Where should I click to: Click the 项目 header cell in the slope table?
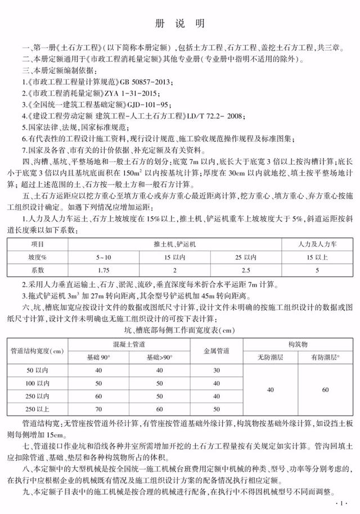tap(37, 245)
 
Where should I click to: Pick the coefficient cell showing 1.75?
tap(103, 269)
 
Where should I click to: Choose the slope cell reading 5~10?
tap(103, 257)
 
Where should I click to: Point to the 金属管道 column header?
tap(215, 351)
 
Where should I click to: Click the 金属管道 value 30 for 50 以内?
tap(215, 370)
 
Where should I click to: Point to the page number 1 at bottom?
tap(339, 502)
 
